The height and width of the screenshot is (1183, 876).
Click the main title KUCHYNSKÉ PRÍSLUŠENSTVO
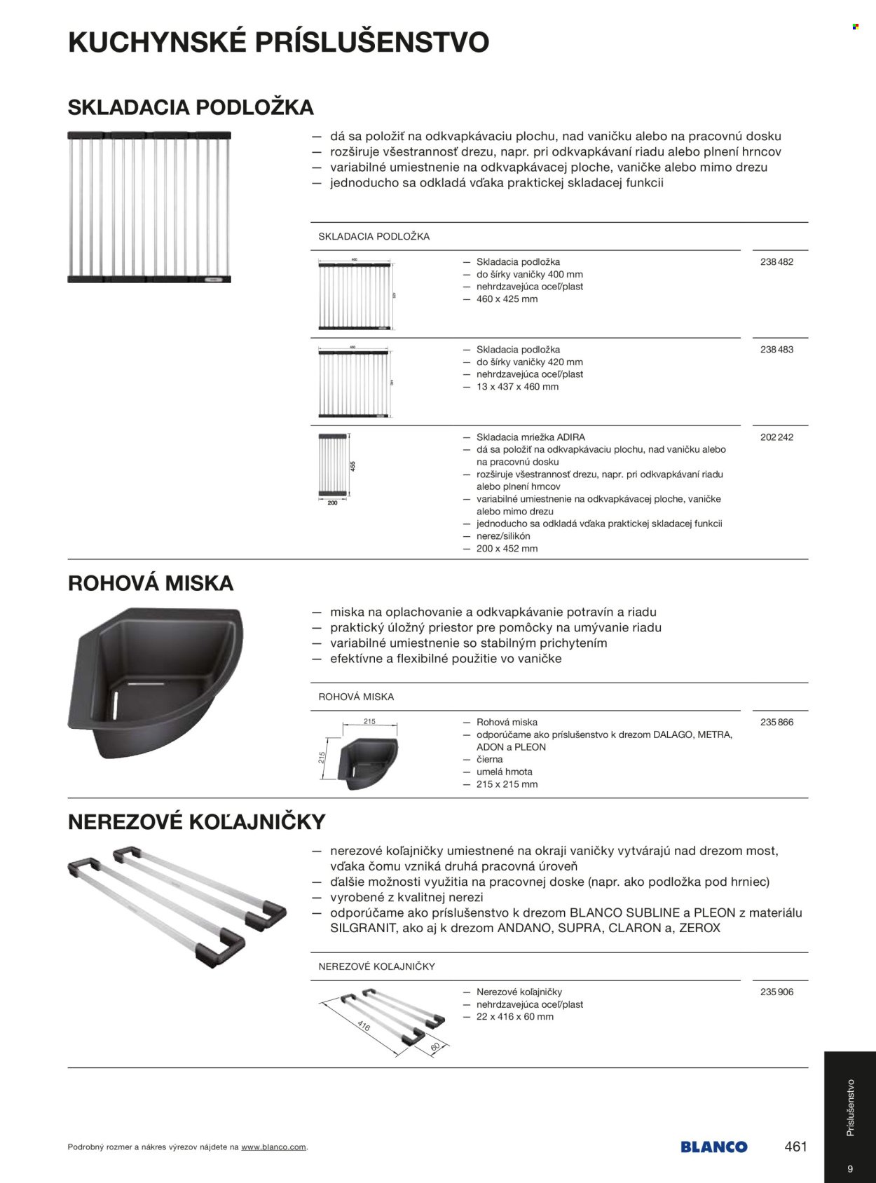point(278,43)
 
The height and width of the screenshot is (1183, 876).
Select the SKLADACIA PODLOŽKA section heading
point(191,107)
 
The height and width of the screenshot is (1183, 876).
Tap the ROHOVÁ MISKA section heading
point(151,583)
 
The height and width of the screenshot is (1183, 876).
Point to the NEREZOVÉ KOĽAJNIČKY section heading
point(197,821)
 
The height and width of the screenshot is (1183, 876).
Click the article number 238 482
point(776,262)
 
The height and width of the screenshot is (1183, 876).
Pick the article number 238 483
point(776,350)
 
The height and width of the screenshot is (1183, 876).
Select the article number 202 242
point(776,437)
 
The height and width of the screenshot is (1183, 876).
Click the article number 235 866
point(776,722)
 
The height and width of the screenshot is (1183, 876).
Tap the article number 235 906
point(776,992)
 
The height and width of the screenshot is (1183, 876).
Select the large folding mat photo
point(149,207)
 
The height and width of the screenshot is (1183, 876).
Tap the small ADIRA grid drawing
point(337,466)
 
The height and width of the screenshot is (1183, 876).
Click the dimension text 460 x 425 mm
point(507,299)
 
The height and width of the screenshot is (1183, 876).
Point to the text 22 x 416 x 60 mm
point(514,1017)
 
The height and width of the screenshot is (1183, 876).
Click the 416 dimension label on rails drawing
point(363,1027)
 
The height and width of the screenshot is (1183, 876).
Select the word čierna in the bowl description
point(489,760)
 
